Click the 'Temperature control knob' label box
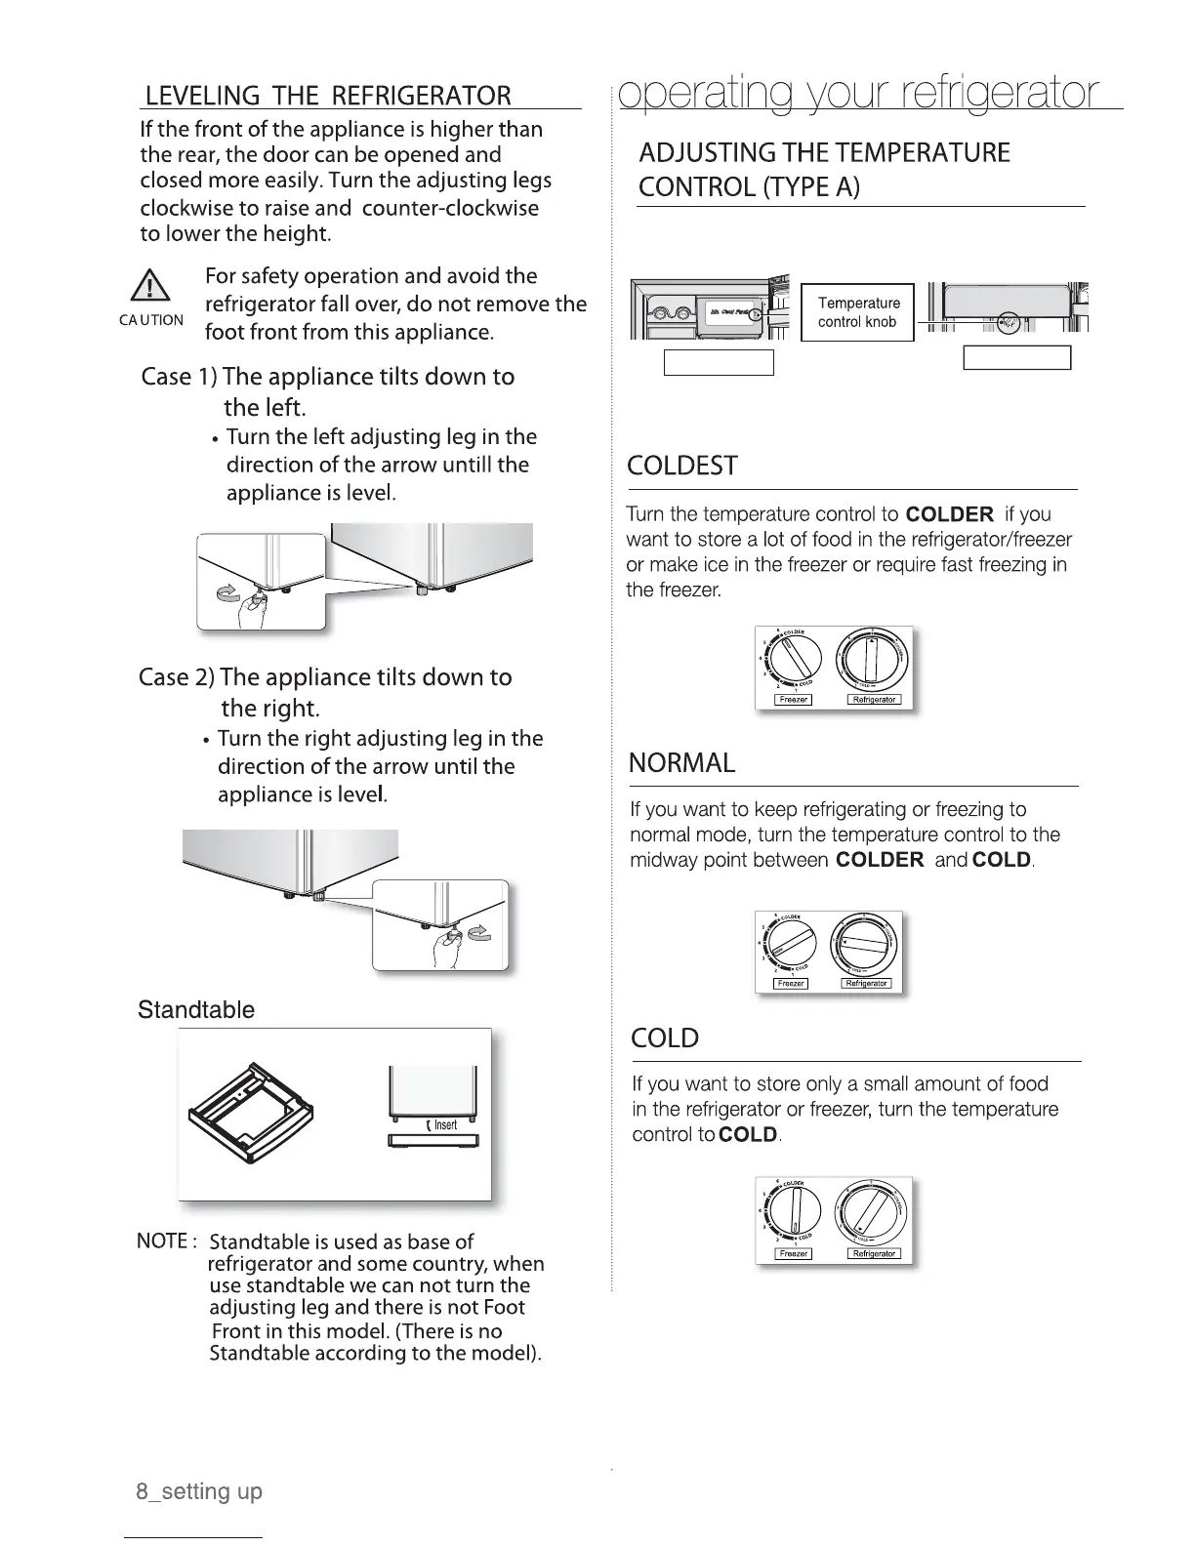(x=857, y=312)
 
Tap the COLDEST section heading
(x=682, y=466)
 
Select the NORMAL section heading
(x=682, y=762)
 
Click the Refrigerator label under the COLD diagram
(x=874, y=1254)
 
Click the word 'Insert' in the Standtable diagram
(x=444, y=1125)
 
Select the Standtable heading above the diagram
(x=196, y=1009)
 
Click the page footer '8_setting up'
(x=199, y=1491)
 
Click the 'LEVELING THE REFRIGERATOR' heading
(x=328, y=96)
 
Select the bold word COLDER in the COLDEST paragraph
(x=949, y=514)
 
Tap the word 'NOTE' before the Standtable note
(x=163, y=1241)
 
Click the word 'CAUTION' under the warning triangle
(x=151, y=320)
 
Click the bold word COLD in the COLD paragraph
(x=748, y=1135)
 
